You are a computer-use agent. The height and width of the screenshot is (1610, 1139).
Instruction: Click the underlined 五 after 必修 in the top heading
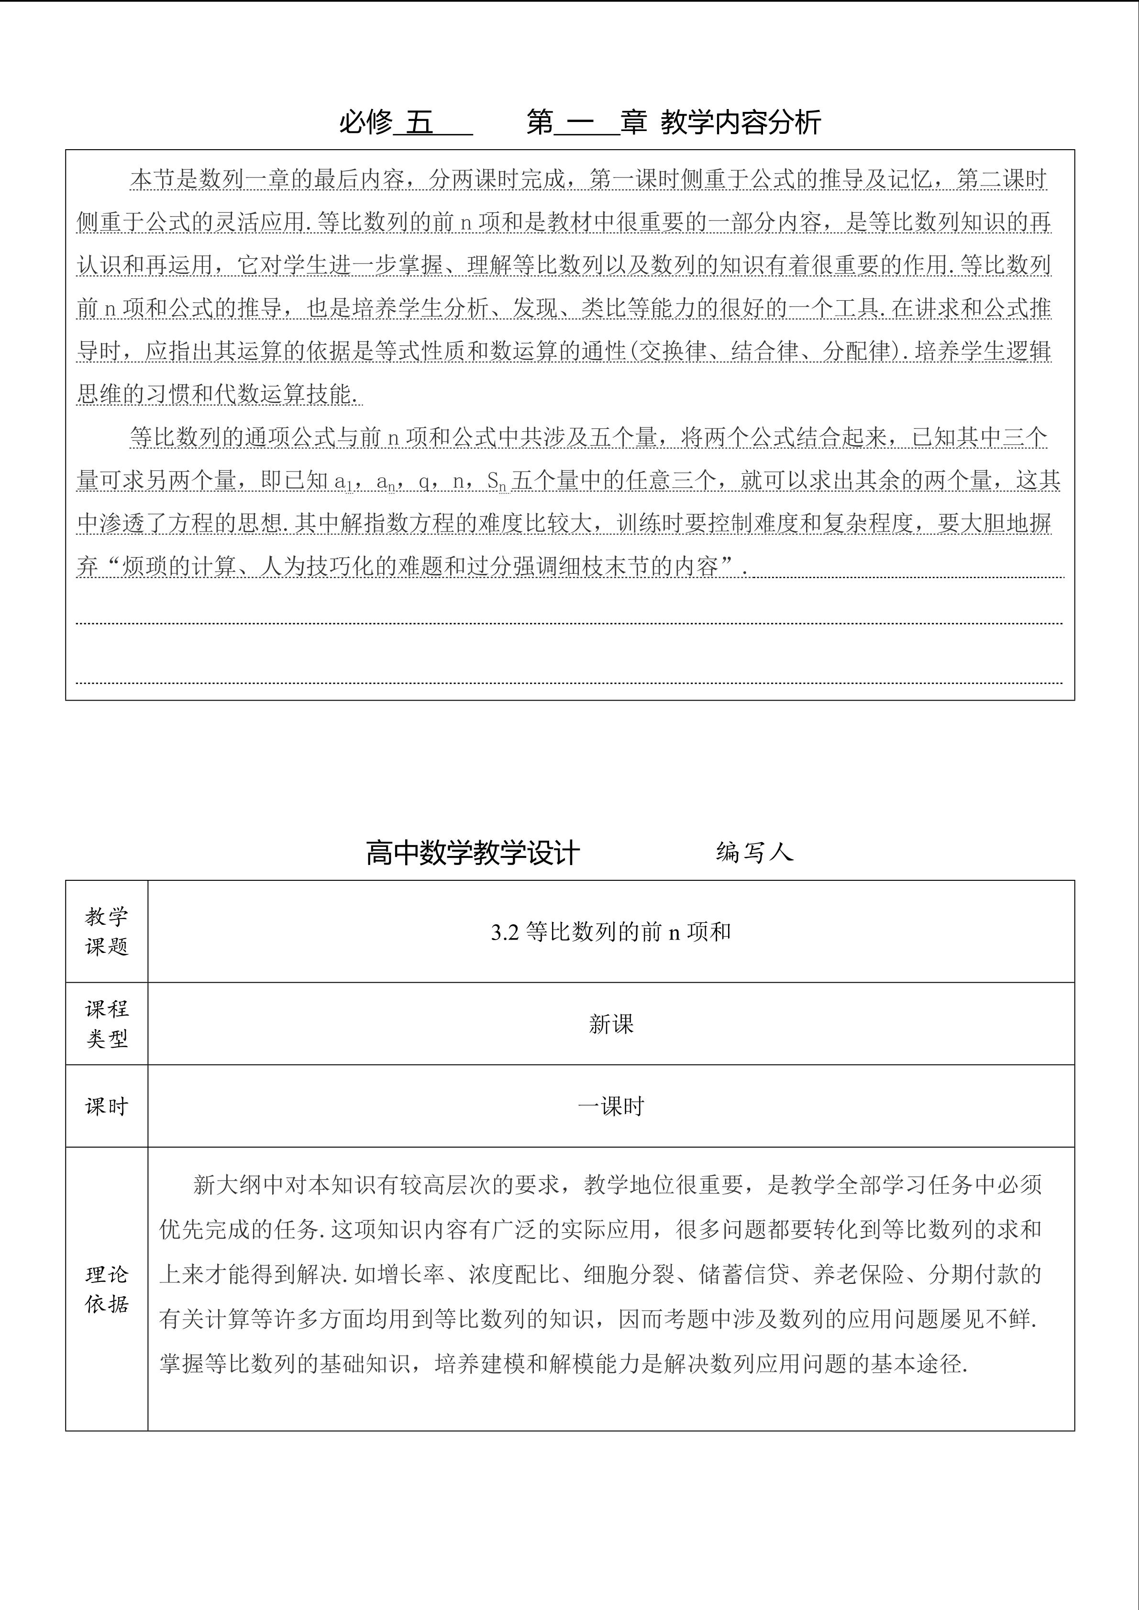420,123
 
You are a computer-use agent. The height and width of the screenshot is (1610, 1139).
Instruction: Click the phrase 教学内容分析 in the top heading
741,123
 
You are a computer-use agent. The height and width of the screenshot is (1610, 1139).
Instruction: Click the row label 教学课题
107,931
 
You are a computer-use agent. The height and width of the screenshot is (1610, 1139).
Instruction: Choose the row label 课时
107,1106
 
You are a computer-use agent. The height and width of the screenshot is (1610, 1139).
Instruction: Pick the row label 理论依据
107,1289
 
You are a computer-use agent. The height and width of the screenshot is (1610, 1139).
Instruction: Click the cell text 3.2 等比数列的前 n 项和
611,932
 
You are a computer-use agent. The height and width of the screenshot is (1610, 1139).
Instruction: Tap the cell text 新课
611,1025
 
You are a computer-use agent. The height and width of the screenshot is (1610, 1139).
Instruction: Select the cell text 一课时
611,1106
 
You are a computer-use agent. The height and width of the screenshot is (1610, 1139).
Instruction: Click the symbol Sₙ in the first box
497,481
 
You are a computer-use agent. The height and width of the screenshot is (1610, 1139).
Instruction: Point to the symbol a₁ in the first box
342,482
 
